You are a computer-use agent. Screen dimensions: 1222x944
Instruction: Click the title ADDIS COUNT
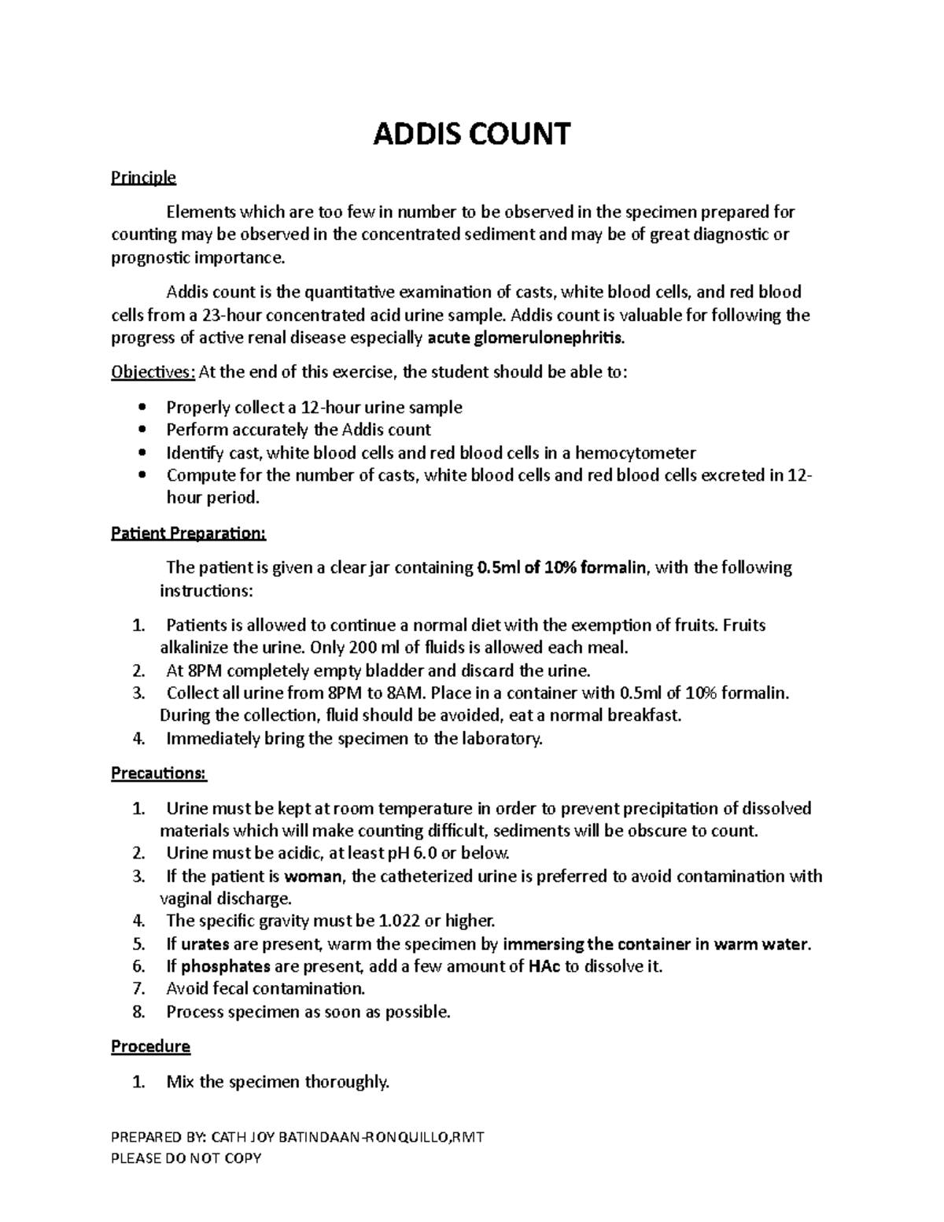pyautogui.click(x=471, y=135)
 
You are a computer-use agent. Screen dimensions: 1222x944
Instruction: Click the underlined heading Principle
pyautogui.click(x=143, y=177)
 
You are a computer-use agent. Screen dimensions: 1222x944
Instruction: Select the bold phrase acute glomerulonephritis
pyautogui.click(x=526, y=338)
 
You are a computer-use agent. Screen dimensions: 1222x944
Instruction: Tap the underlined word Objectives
pyautogui.click(x=152, y=372)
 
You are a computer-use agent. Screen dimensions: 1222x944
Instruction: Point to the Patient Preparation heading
pyautogui.click(x=189, y=533)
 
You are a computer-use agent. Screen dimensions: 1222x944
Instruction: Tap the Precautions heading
pyautogui.click(x=158, y=773)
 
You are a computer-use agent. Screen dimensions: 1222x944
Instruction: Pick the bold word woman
pyautogui.click(x=313, y=876)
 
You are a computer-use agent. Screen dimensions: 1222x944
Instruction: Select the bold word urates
pyautogui.click(x=205, y=943)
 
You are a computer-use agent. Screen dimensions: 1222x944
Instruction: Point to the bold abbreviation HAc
pyautogui.click(x=544, y=966)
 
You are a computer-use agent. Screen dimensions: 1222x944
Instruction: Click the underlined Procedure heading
pyautogui.click(x=150, y=1047)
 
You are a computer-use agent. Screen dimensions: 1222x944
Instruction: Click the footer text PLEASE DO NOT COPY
pyautogui.click(x=186, y=1157)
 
